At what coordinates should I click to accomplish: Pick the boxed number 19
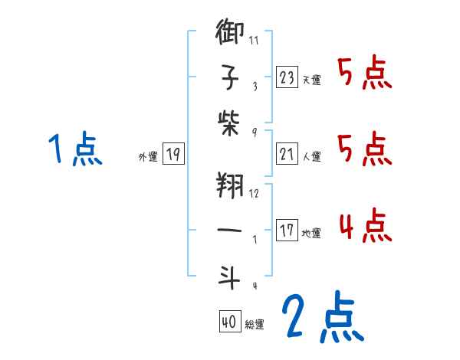(x=173, y=154)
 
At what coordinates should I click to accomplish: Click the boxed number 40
(x=228, y=322)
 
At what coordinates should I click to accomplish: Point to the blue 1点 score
(x=74, y=149)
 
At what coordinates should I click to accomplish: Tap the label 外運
(x=148, y=157)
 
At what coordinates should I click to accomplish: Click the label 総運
(x=255, y=325)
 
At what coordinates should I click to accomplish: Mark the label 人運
(x=312, y=157)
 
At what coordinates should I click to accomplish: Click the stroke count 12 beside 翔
(x=255, y=194)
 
